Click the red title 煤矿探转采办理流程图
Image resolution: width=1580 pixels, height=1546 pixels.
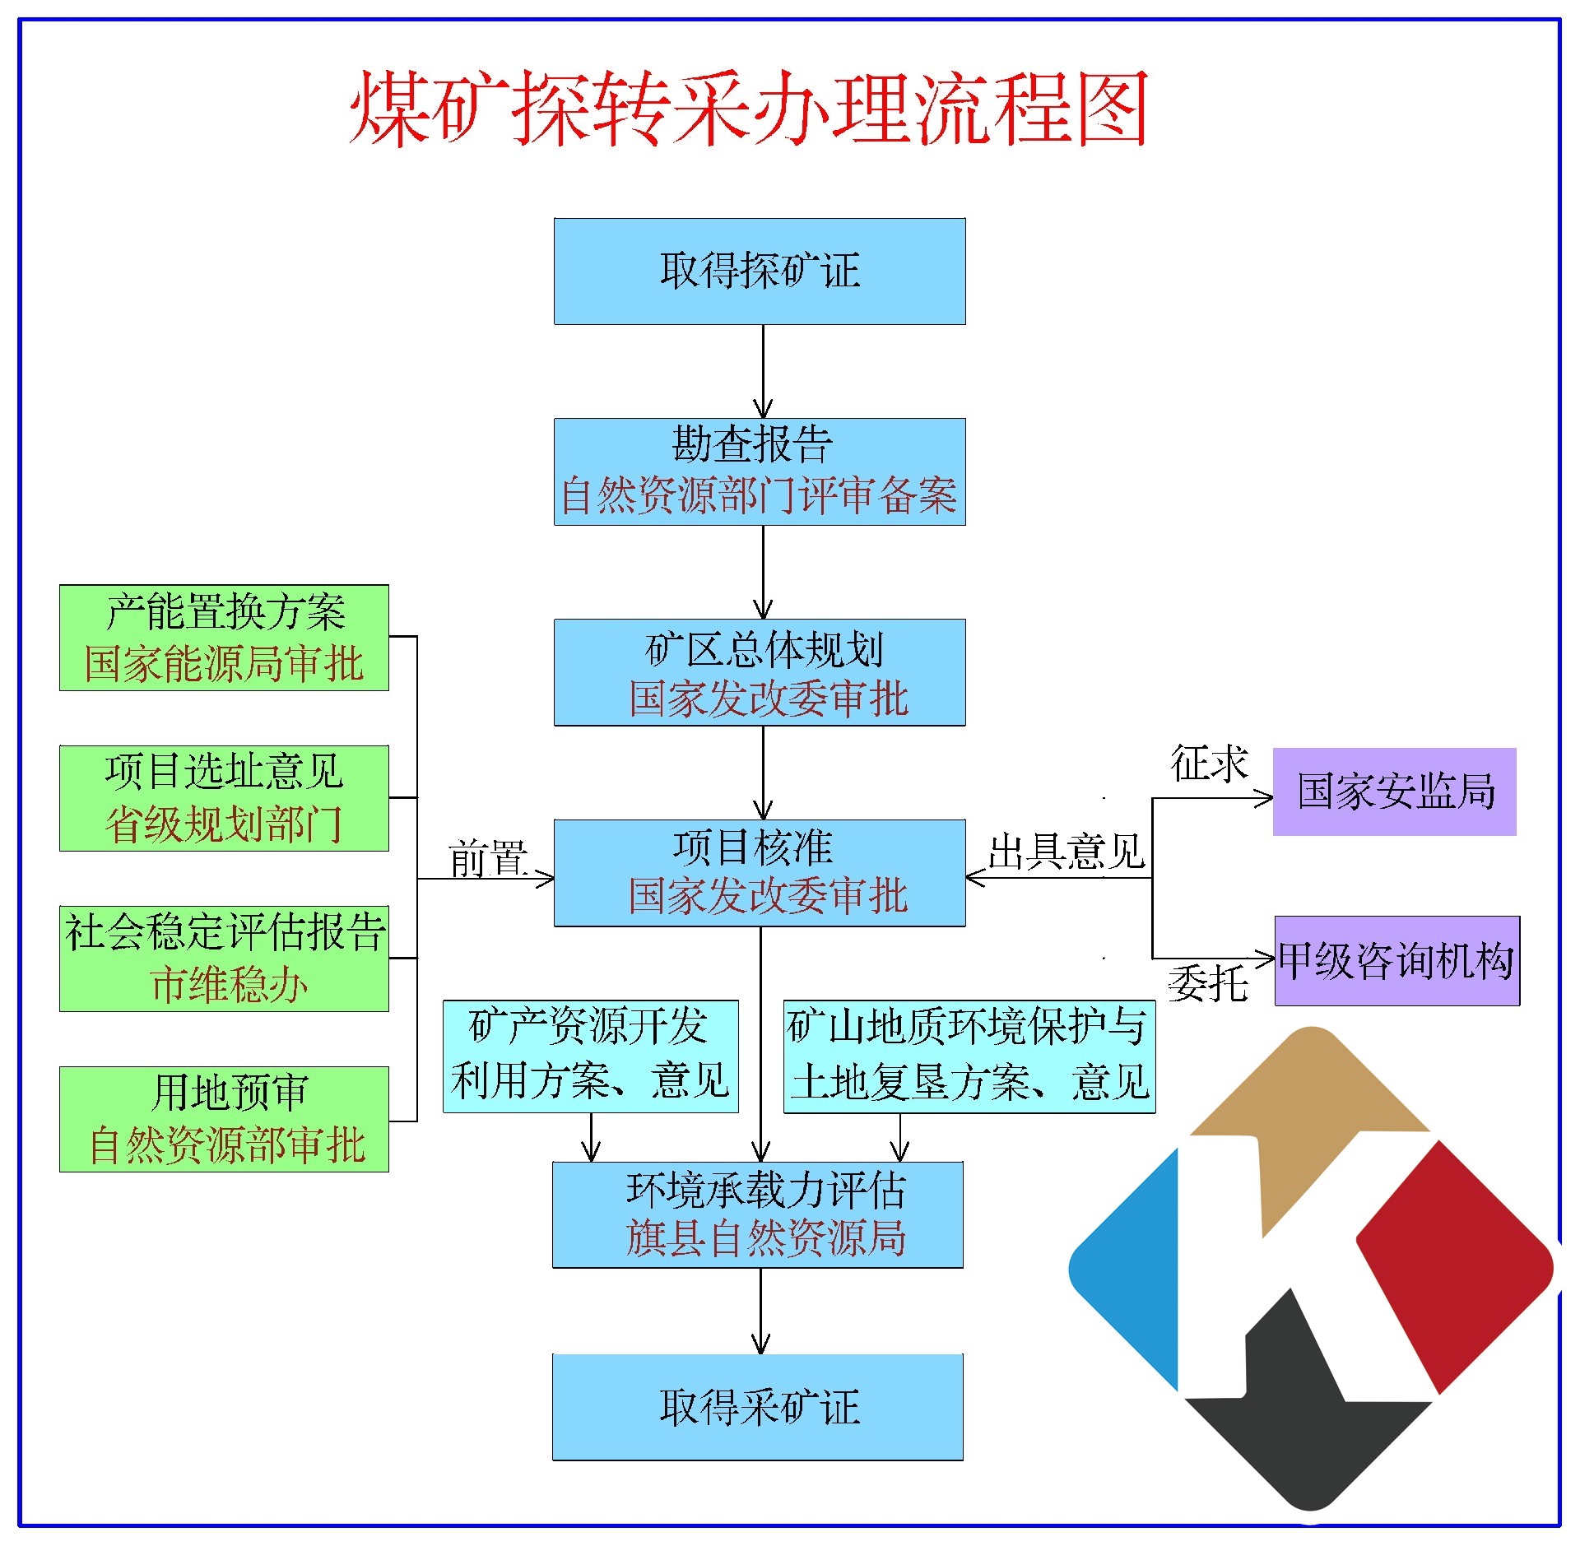(x=749, y=109)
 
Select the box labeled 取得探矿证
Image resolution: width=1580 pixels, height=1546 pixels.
(x=759, y=271)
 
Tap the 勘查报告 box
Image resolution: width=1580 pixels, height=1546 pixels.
(x=759, y=471)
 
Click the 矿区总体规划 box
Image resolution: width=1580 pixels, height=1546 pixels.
(x=759, y=672)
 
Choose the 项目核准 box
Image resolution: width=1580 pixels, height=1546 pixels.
(x=759, y=873)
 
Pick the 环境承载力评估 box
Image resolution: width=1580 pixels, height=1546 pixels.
(x=757, y=1214)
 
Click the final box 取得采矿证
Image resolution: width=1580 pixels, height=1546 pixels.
(x=757, y=1407)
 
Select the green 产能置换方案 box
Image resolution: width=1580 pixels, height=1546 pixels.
(x=224, y=638)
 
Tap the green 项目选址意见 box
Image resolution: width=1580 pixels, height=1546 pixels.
(x=224, y=798)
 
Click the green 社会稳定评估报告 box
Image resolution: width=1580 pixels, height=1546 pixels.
(x=224, y=959)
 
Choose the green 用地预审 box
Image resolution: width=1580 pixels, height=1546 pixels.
(x=224, y=1119)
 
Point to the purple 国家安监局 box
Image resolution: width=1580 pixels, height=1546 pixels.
(x=1394, y=792)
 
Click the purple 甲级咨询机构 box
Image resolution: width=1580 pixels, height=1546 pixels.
(x=1396, y=960)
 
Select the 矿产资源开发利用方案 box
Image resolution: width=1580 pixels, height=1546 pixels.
(x=590, y=1056)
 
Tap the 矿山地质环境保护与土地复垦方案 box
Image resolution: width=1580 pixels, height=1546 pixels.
(x=969, y=1056)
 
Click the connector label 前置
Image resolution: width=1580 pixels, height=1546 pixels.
(x=487, y=858)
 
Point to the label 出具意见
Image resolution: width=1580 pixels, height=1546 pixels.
(x=1066, y=852)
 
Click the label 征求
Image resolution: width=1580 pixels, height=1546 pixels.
(x=1209, y=764)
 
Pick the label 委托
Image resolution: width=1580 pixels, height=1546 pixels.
(x=1207, y=983)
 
